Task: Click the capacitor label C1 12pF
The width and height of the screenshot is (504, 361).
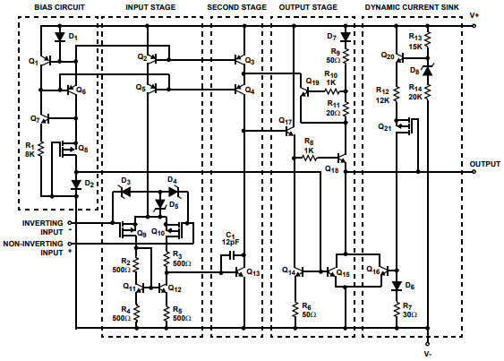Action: pos(230,238)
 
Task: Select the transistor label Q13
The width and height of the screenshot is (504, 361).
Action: pos(253,271)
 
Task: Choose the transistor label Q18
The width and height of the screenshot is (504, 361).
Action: pos(331,168)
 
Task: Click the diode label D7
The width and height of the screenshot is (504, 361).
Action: pos(331,37)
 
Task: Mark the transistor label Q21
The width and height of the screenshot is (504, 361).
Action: pos(384,127)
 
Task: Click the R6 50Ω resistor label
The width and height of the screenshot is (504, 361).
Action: pos(306,310)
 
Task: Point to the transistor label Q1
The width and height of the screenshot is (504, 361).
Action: pos(34,62)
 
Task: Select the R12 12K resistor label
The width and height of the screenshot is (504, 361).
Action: pos(382,96)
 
